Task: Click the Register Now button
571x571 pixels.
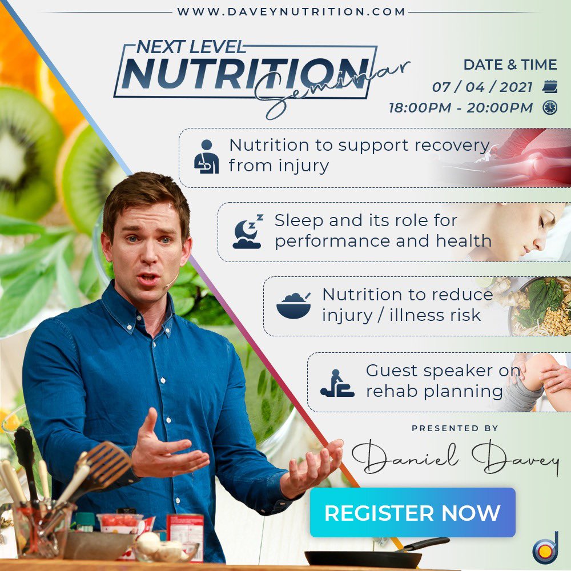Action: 412,512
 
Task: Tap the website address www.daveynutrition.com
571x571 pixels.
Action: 291,11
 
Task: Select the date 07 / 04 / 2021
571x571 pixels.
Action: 482,87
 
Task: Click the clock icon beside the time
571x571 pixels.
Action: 550,107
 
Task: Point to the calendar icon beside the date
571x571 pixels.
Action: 550,87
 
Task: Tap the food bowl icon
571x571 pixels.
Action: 293,305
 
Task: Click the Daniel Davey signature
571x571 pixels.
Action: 455,457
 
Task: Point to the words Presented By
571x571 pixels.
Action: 455,428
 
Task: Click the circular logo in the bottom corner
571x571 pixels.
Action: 545,549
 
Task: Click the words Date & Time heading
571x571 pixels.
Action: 509,65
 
